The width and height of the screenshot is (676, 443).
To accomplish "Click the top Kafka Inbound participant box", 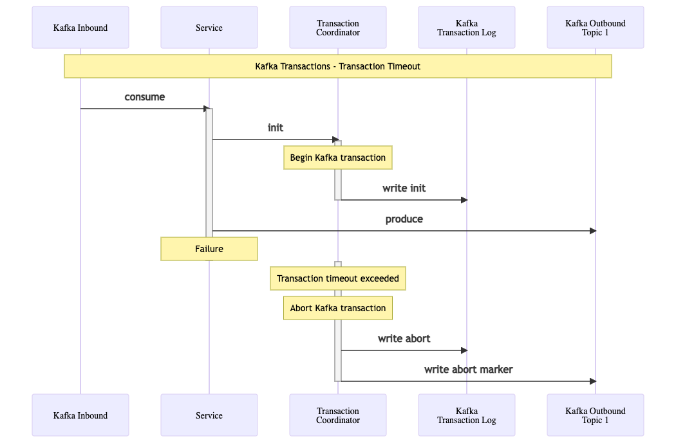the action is [x=80, y=27].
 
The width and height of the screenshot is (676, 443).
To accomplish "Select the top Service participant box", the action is [x=209, y=27].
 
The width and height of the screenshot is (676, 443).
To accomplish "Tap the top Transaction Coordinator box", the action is [x=338, y=27].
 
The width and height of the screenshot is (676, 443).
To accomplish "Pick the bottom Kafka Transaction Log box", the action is [x=467, y=415].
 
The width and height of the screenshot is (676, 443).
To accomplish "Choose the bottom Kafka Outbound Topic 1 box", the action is [x=596, y=415].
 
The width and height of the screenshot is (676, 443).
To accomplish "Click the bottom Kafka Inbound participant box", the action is [x=80, y=415].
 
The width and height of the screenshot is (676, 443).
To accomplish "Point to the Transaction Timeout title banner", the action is [x=338, y=66].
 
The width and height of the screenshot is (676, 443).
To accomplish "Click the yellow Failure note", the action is [x=209, y=249].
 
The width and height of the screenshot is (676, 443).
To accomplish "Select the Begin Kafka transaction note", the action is [x=338, y=158].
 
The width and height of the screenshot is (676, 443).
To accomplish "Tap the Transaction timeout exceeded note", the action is [x=338, y=278].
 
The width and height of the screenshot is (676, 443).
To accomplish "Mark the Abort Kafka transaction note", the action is [x=338, y=308].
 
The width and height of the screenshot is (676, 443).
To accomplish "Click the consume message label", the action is [x=145, y=97].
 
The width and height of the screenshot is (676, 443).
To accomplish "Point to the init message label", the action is [x=276, y=127].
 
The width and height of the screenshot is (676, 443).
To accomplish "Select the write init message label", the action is [x=404, y=188].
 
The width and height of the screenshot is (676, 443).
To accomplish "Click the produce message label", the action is [x=404, y=219].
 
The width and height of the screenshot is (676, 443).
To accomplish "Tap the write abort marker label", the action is [x=468, y=370].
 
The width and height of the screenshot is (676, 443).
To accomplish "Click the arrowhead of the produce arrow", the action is [x=593, y=231].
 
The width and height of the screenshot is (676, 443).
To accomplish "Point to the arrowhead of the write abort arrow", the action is [x=464, y=350].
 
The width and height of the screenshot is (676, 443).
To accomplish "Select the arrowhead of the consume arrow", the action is [x=207, y=109].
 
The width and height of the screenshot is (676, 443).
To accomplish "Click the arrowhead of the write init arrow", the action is [x=464, y=200].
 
